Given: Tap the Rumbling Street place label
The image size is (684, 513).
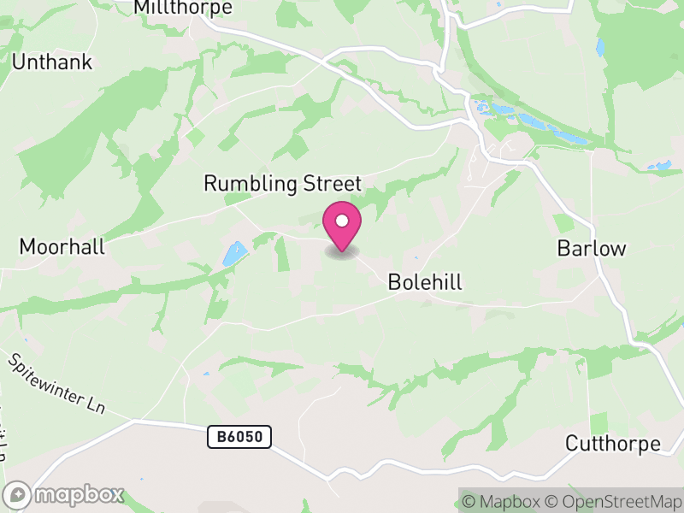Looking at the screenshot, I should click(283, 184).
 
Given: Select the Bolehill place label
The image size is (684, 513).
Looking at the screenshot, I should click(425, 282).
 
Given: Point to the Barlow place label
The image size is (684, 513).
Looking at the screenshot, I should click(592, 249).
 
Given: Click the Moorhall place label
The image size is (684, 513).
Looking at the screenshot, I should click(62, 247).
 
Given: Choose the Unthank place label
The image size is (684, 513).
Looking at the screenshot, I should click(51, 62).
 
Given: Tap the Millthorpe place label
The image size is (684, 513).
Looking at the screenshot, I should click(183, 8).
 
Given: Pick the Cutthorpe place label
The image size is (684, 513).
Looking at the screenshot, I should click(613, 444).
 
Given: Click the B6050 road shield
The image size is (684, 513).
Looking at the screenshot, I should click(239, 438).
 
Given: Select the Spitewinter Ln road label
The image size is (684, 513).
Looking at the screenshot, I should click(56, 384).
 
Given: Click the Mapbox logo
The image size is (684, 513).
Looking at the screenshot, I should click(65, 494).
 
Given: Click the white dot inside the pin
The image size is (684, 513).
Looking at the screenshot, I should click(342, 221).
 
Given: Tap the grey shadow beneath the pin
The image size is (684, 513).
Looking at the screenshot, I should click(342, 253).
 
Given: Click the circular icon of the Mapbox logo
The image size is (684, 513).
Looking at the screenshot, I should click(18, 494).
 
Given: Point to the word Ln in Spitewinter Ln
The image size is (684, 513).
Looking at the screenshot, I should click(95, 406).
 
